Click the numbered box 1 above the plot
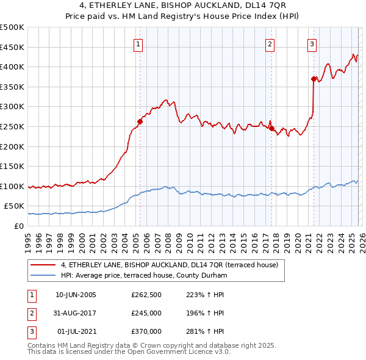(x=139, y=44)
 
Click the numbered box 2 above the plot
(x=270, y=44)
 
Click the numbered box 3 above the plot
(x=312, y=44)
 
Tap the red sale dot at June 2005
(x=140, y=121)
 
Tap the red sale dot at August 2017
(x=271, y=129)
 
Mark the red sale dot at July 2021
(x=314, y=79)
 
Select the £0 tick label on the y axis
(x=18, y=226)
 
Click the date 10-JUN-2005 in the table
(x=76, y=295)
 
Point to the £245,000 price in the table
(x=146, y=313)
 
